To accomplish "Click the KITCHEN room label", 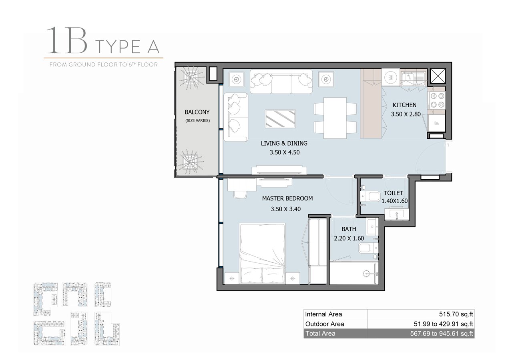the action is (x=404, y=105).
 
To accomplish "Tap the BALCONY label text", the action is (x=197, y=112).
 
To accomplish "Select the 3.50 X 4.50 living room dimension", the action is (x=285, y=152).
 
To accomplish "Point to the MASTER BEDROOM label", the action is (x=287, y=198).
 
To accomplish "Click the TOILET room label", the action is (x=393, y=193).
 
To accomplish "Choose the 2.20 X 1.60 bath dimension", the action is (x=349, y=238).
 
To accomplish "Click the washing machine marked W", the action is (x=391, y=77).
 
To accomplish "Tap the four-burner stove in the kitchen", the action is (x=437, y=100).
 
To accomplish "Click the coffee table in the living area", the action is (x=280, y=118).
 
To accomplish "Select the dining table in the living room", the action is (x=335, y=118).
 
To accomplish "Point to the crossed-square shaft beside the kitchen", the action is (x=438, y=76).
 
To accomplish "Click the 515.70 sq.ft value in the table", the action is (x=456, y=314).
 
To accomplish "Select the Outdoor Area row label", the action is (x=325, y=324).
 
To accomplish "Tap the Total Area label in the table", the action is (x=320, y=334).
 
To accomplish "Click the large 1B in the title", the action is (x=66, y=40).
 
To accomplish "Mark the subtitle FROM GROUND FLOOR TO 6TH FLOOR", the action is (x=104, y=65).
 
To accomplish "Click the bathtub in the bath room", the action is (x=354, y=273).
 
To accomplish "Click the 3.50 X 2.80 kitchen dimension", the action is (x=406, y=114).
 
